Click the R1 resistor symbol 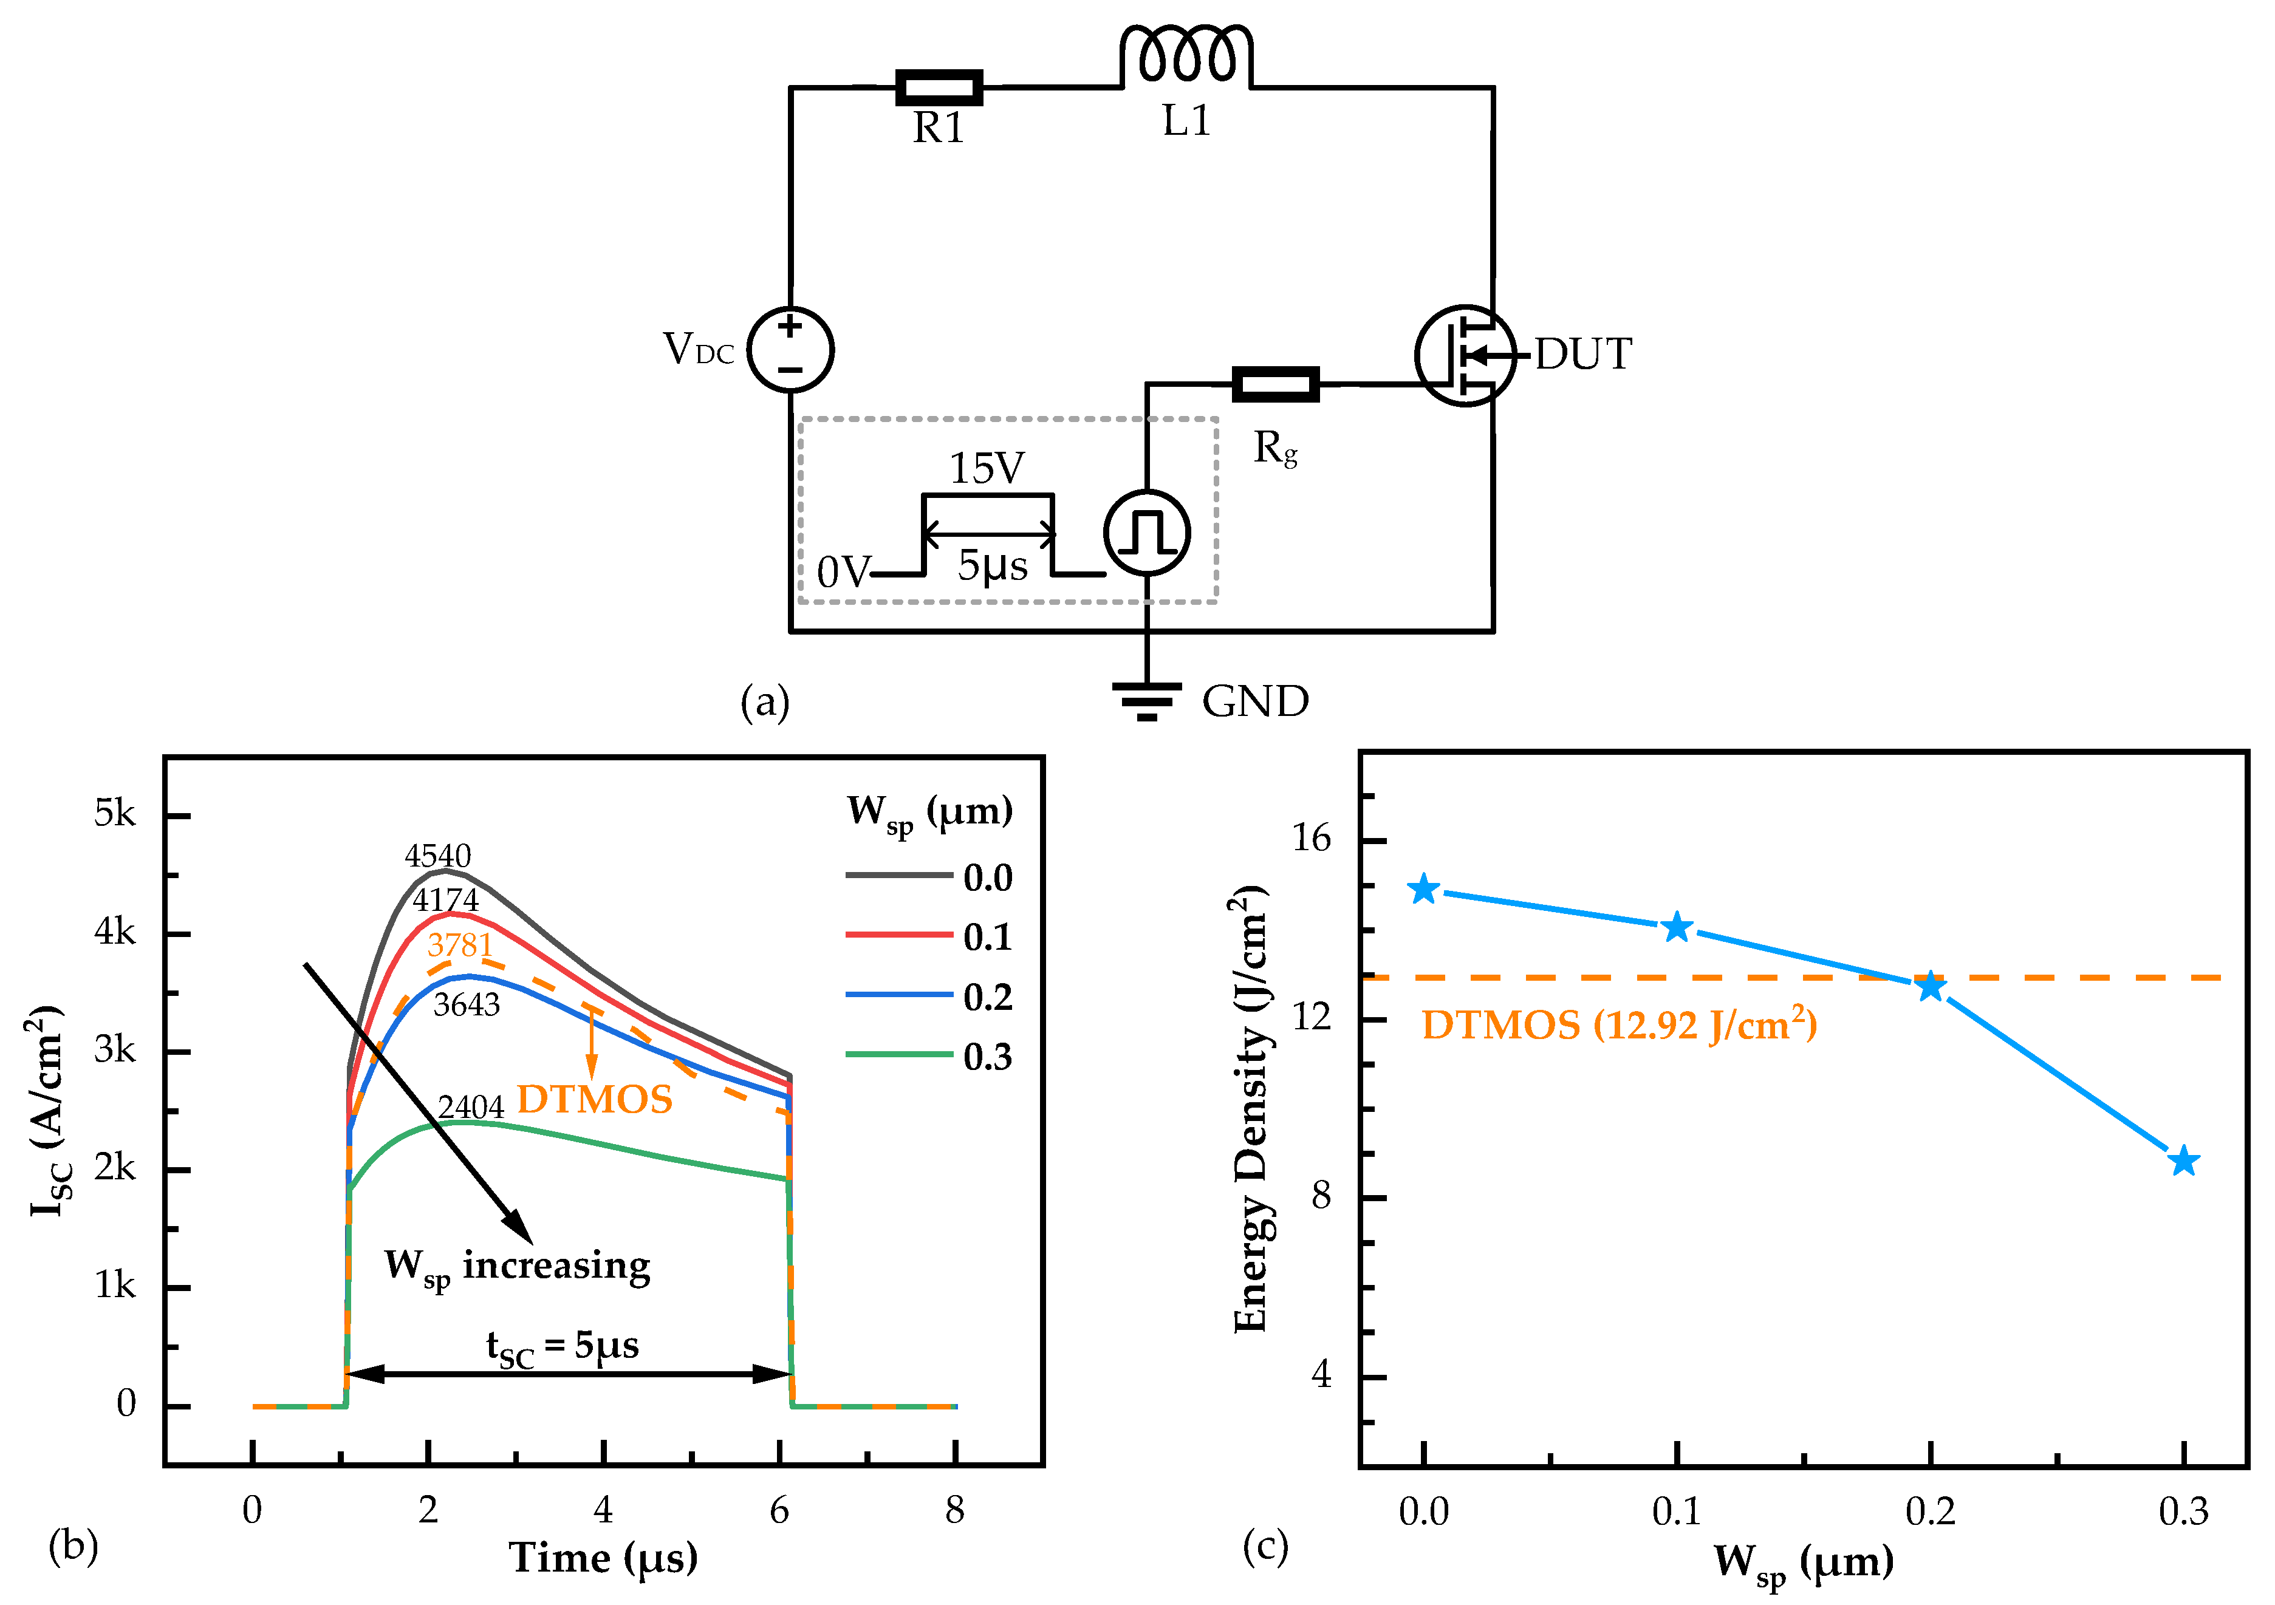pyautogui.click(x=939, y=87)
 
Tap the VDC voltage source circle pyautogui.click(x=790, y=349)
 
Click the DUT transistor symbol pyautogui.click(x=1465, y=355)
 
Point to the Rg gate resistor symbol pyautogui.click(x=1274, y=383)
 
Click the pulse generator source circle pyautogui.click(x=1146, y=532)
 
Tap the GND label pyautogui.click(x=1254, y=701)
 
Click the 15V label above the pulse pyautogui.click(x=987, y=468)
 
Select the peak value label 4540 pyautogui.click(x=438, y=855)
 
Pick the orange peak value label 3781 pyautogui.click(x=460, y=944)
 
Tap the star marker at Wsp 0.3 pyautogui.click(x=2183, y=1161)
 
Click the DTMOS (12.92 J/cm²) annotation pyautogui.click(x=1619, y=1024)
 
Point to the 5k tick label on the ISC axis pyautogui.click(x=115, y=813)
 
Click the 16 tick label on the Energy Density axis pyautogui.click(x=1311, y=839)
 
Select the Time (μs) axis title pyautogui.click(x=603, y=1558)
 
